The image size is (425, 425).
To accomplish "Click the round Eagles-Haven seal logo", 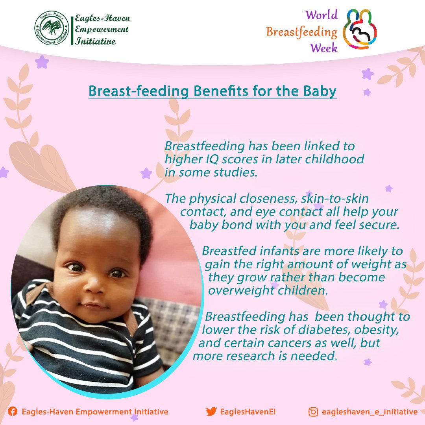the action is [52, 28].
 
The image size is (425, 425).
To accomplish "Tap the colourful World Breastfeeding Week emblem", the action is [360, 29].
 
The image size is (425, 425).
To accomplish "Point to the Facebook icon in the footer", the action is [12, 412].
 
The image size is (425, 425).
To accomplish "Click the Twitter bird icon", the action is [211, 412].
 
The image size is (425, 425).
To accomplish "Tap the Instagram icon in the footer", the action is [313, 412].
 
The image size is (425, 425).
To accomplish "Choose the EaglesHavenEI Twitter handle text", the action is [248, 412].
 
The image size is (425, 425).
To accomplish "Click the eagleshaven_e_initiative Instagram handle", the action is [370, 412].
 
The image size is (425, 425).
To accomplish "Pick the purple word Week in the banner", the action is [324, 48].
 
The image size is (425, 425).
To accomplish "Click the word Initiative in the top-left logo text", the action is [95, 41].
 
